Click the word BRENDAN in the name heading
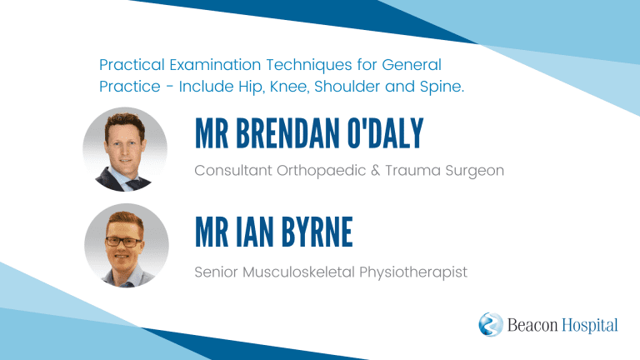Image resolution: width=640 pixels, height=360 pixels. click(287, 133)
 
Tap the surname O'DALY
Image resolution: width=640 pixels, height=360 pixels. click(385, 133)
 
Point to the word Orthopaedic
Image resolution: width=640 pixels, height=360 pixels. click(321, 171)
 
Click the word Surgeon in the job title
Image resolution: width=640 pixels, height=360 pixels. click(475, 171)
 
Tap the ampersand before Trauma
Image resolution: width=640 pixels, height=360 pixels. click(376, 170)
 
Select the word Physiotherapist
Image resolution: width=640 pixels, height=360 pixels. click(413, 272)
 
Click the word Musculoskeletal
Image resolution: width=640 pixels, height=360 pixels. click(299, 272)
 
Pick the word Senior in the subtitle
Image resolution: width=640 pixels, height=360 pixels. click(217, 272)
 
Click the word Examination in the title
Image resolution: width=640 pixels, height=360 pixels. click(214, 65)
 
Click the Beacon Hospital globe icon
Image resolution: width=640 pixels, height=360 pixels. click(491, 324)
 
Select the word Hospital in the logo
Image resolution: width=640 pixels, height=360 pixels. click(590, 326)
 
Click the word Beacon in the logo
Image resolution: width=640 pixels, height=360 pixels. click(532, 325)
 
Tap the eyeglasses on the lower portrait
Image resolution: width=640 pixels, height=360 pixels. click(123, 242)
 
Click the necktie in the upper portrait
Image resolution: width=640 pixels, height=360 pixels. click(132, 185)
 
